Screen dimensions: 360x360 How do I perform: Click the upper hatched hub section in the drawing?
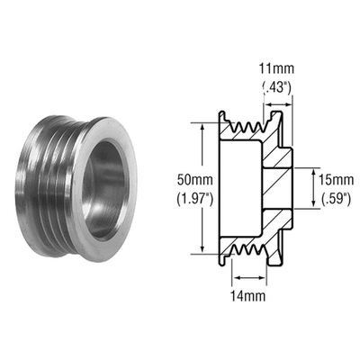click(x=276, y=153)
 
